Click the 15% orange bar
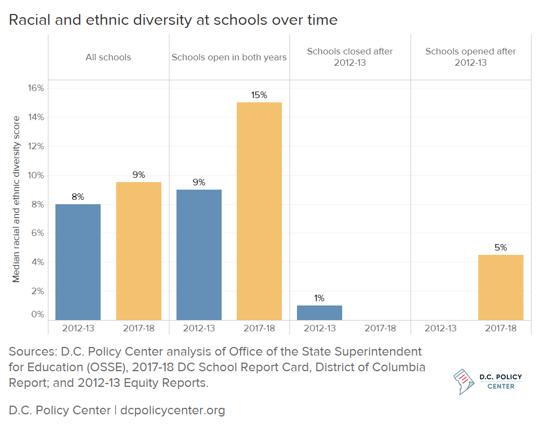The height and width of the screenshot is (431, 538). pyautogui.click(x=259, y=211)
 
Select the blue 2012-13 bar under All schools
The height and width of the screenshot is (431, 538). pyautogui.click(x=78, y=262)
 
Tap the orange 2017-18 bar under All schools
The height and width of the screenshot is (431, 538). pyautogui.click(x=139, y=251)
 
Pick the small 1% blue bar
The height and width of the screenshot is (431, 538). pyautogui.click(x=320, y=313)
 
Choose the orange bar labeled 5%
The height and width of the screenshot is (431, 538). pyautogui.click(x=500, y=287)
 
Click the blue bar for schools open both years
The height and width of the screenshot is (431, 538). pyautogui.click(x=199, y=255)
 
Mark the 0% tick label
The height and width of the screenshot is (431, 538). pyautogui.click(x=37, y=314)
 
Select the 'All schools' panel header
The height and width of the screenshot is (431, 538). pyautogui.click(x=108, y=57)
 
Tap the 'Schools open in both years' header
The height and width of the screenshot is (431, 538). pyautogui.click(x=229, y=57)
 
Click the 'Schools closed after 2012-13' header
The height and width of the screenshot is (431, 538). pyautogui.click(x=350, y=57)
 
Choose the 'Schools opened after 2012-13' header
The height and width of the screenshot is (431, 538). pyautogui.click(x=471, y=57)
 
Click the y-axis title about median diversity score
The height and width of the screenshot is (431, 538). pyautogui.click(x=17, y=199)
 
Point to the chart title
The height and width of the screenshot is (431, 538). pyautogui.click(x=173, y=20)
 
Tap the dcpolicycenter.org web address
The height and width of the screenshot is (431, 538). pyautogui.click(x=173, y=411)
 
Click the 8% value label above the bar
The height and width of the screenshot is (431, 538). pyautogui.click(x=78, y=197)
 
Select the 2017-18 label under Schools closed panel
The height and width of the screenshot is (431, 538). pyautogui.click(x=380, y=328)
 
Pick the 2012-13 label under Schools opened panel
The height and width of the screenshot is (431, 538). pyautogui.click(x=441, y=328)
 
